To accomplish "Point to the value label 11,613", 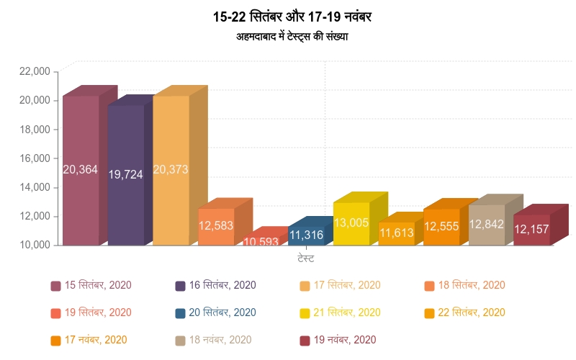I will [x=397, y=233].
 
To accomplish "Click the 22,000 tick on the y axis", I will [x=35, y=71].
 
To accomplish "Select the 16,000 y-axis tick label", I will [x=35, y=158].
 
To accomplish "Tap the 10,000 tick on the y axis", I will [x=35, y=245].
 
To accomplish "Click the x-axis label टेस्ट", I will [x=305, y=258].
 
